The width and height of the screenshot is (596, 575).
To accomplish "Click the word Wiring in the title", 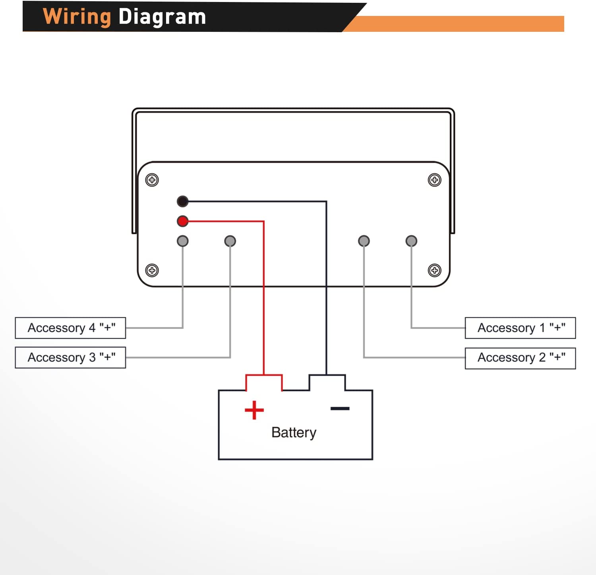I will [77, 17].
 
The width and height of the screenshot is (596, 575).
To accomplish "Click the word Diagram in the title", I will [162, 17].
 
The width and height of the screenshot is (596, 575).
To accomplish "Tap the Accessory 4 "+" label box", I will [70, 328].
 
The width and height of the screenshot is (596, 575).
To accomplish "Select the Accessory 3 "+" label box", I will [70, 357].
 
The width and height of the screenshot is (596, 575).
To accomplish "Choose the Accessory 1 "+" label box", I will [520, 328].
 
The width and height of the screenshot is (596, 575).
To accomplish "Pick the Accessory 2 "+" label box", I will [520, 358].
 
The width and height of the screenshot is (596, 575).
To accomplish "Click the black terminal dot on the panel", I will [182, 202].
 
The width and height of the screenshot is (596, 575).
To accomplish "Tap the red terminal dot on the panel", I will [182, 221].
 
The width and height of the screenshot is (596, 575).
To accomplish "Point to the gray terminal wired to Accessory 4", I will [182, 241].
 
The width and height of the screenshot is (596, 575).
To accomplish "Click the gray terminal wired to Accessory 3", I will [230, 241].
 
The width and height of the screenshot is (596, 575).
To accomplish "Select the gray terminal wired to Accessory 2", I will [364, 241].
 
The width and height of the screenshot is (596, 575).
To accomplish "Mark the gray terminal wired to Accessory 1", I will [411, 241].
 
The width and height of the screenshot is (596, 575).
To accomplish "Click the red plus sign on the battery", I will [254, 410].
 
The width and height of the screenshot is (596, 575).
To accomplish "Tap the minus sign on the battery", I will [340, 408].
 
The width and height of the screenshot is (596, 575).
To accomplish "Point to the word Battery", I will [294, 432].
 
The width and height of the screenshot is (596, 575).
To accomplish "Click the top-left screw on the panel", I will [152, 180].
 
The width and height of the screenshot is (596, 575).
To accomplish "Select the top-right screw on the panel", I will [434, 180].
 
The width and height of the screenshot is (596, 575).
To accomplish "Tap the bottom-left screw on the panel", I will [152, 270].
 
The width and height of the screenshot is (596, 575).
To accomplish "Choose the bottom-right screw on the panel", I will [434, 270].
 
